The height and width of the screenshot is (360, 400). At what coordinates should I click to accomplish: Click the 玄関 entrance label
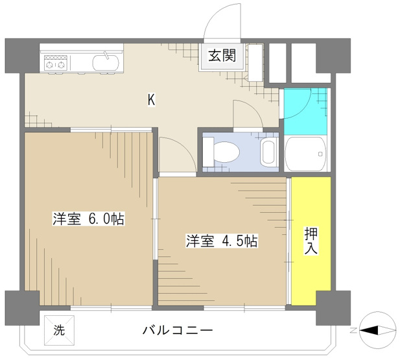[221, 56]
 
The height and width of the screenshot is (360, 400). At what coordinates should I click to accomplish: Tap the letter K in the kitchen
[150, 100]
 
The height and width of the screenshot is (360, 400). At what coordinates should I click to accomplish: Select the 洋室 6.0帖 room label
[88, 219]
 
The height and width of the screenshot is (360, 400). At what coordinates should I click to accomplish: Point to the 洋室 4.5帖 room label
[222, 241]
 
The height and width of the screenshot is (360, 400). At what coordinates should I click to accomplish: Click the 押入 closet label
[311, 240]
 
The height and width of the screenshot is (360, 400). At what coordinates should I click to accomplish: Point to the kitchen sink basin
[104, 63]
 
